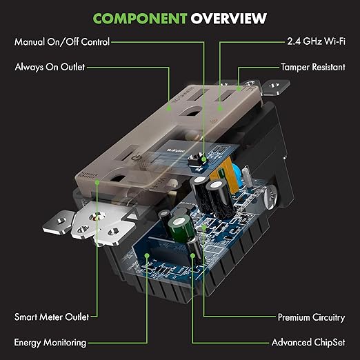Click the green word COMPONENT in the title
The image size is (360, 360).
click(140, 19)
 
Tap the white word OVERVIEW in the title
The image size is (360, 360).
click(229, 19)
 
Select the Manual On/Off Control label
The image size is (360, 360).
click(62, 42)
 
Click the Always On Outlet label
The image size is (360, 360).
click(50, 67)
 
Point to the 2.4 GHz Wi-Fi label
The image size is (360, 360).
click(316, 41)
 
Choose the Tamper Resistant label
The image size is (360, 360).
click(313, 67)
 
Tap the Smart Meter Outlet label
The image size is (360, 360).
click(52, 317)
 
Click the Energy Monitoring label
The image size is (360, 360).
click(50, 343)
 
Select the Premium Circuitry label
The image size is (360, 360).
click(312, 317)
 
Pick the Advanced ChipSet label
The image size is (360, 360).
click(308, 342)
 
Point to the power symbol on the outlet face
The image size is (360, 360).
click(136, 158)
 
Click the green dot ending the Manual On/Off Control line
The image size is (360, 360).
click(203, 159)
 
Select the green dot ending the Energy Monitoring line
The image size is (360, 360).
click(147, 255)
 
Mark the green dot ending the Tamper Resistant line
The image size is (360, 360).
click(239, 88)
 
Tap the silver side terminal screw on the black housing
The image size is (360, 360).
click(270, 197)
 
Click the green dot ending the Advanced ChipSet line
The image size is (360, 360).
click(193, 255)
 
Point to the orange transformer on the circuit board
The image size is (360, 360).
click(224, 176)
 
